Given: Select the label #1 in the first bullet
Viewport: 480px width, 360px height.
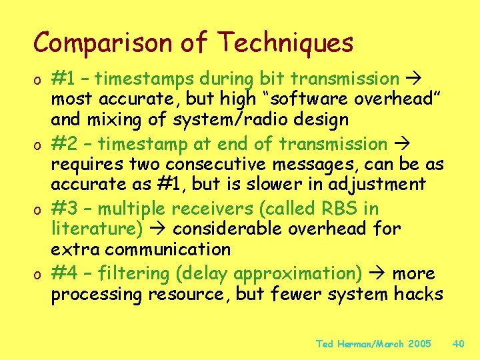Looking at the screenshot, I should tap(65, 79).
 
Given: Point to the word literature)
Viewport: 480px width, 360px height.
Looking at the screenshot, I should tap(97, 229).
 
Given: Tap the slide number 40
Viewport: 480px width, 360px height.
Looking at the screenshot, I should tap(458, 344).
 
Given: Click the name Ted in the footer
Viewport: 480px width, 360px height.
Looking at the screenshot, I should tap(324, 344).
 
